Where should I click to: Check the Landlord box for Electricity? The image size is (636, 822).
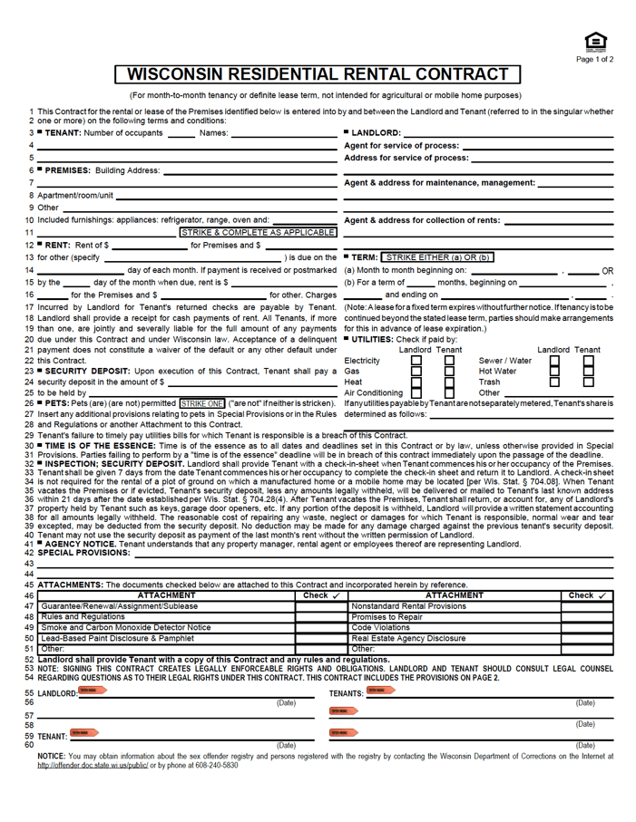click(416, 361)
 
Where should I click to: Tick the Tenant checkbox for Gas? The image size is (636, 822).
click(448, 372)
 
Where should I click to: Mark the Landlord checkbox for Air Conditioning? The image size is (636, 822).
click(416, 393)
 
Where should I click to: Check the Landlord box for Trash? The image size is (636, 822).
click(555, 382)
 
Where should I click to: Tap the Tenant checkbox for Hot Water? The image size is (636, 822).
click(587, 372)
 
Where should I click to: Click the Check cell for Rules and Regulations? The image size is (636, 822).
click(320, 616)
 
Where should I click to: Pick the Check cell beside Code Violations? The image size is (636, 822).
click(592, 627)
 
